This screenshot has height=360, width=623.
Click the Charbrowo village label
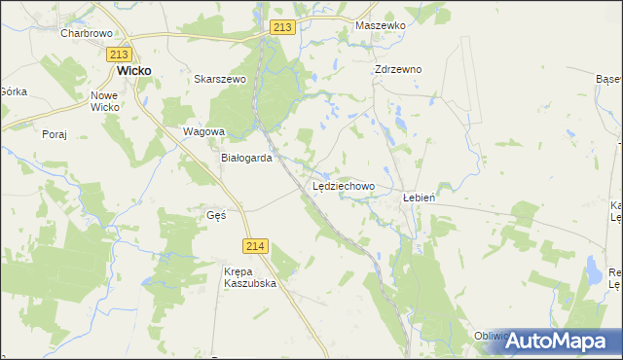(x=88, y=32)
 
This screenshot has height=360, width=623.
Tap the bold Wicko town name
(x=133, y=71)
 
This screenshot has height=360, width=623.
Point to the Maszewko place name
(x=380, y=25)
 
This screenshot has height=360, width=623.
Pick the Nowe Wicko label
(x=104, y=101)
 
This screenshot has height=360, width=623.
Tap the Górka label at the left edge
(x=13, y=90)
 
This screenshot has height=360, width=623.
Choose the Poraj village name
(x=55, y=134)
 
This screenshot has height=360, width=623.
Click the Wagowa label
(x=204, y=131)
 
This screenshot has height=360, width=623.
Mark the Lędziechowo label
(x=344, y=185)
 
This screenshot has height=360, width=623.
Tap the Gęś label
(x=216, y=215)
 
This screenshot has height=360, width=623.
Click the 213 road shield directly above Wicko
(x=120, y=54)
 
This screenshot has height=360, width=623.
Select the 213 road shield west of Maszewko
(x=282, y=28)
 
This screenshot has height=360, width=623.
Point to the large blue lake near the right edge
(x=591, y=270)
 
